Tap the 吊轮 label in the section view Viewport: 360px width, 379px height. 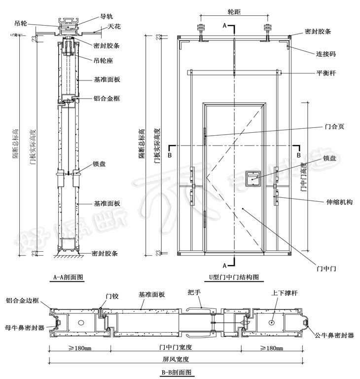20,23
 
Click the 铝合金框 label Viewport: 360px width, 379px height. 107,98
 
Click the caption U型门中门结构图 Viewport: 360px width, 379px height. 234,278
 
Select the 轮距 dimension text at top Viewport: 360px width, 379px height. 234,10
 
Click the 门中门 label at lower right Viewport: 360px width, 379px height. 326,268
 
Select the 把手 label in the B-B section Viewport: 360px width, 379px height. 194,292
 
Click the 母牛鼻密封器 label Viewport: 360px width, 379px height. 24,327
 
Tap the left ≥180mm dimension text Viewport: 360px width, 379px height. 79,347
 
